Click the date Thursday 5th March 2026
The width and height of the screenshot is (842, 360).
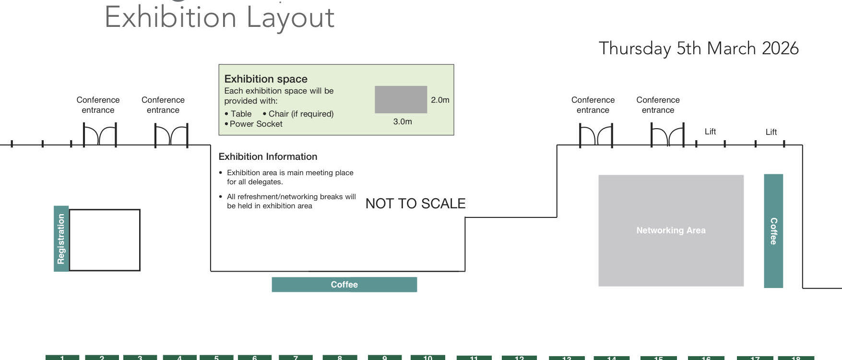tap(698, 48)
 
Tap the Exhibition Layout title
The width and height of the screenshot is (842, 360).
tap(219, 18)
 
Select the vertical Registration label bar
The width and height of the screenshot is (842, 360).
tap(61, 239)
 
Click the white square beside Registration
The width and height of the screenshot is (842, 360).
tap(105, 240)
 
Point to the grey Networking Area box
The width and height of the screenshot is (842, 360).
tap(671, 230)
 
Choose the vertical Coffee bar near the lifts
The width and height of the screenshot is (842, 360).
tap(773, 231)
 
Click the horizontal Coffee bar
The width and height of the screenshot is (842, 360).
tap(344, 285)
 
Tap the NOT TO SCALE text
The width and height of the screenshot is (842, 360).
tap(415, 204)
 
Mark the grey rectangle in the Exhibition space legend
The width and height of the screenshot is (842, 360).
tap(401, 100)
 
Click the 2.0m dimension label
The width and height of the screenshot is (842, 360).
tap(440, 100)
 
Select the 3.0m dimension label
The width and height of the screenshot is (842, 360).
tap(403, 121)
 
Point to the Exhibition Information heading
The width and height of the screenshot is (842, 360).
tap(268, 156)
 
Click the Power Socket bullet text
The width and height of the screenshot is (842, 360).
tap(256, 124)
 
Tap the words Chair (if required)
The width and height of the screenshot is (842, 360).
tap(301, 114)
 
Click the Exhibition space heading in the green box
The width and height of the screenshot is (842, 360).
tap(266, 79)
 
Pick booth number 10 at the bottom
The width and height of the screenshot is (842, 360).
tap(427, 358)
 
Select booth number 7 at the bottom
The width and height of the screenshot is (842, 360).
tap(296, 358)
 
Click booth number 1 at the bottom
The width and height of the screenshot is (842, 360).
tap(62, 358)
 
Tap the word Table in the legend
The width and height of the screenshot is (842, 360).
tap(241, 114)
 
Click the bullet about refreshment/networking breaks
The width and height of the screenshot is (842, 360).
tap(291, 201)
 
